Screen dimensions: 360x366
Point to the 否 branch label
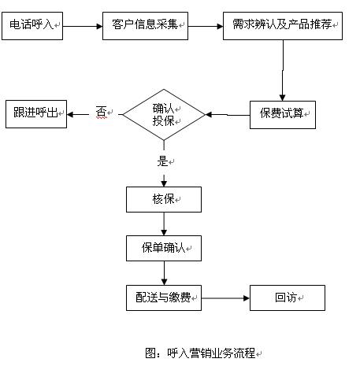pos(102,113)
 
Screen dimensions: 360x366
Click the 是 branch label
pos(162,161)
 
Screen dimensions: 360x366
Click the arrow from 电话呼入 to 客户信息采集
pos(83,26)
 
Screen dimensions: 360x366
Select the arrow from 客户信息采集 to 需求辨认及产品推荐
pos(206,26)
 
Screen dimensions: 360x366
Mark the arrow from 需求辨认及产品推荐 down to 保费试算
pos(283,70)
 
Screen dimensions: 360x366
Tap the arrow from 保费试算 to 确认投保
pos(228,115)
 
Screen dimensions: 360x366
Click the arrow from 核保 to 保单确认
pos(164,224)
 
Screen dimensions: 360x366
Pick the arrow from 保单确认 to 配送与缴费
pos(164,273)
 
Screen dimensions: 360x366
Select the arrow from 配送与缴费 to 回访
pos(225,298)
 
